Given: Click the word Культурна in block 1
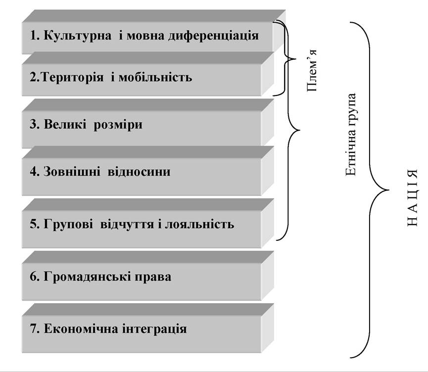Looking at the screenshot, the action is (x=78, y=36).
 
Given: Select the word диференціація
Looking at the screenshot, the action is (x=213, y=36).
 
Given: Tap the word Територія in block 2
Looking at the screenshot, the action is (x=73, y=78).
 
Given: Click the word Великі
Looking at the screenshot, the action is (x=65, y=124).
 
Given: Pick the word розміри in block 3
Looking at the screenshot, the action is (x=118, y=126).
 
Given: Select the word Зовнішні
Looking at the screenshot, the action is (x=72, y=172).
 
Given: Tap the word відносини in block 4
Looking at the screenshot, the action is (x=139, y=172).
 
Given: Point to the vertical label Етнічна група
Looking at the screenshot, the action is (x=351, y=135).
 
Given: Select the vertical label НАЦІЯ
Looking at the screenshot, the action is (x=412, y=198).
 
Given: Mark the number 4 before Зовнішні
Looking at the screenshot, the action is (x=33, y=172).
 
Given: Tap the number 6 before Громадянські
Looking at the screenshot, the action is (x=33, y=277).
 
